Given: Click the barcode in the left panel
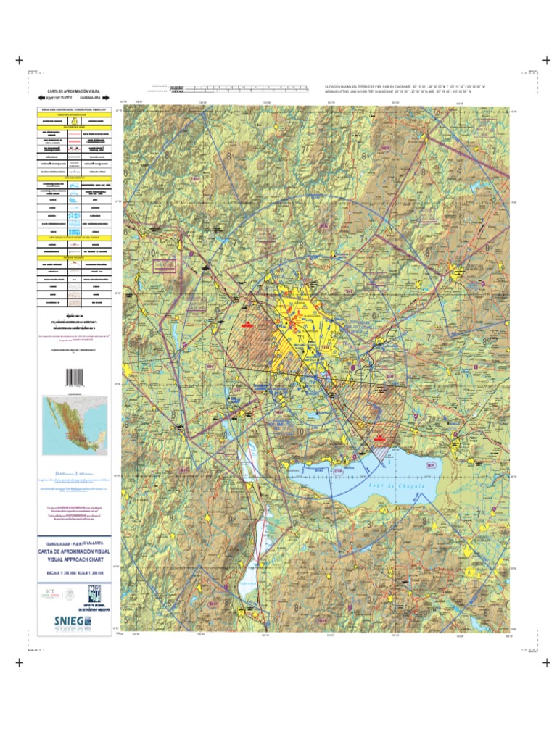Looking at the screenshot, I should click(75, 378).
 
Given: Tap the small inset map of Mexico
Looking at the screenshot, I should click(75, 426).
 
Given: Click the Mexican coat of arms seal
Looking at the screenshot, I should click(69, 594).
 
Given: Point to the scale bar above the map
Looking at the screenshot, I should click(239, 88).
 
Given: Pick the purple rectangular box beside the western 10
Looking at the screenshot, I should click(165, 265).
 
